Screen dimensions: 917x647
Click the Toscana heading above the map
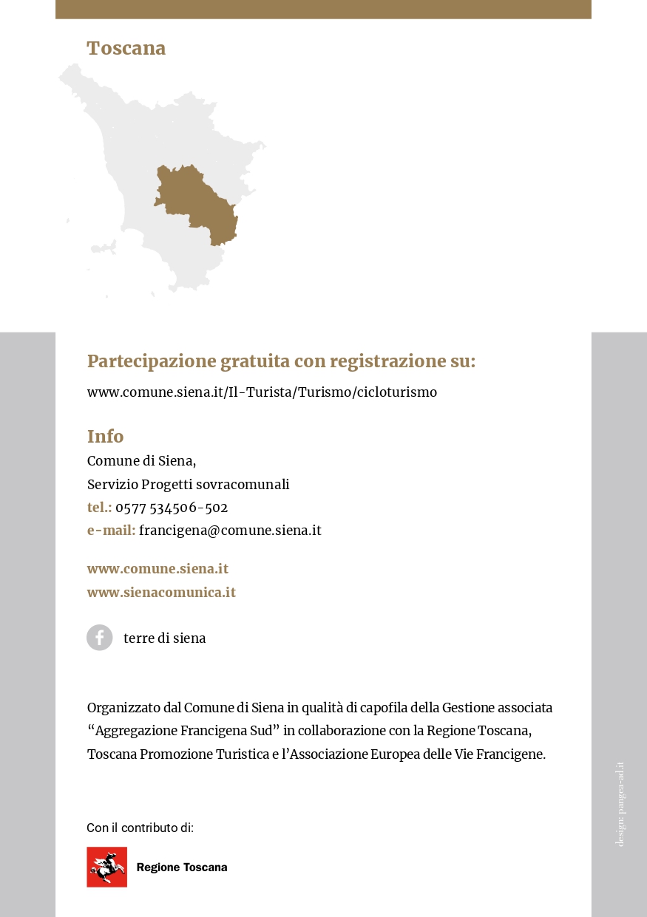(126, 49)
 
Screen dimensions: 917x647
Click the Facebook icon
(100, 638)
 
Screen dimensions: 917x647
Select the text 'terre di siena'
(164, 638)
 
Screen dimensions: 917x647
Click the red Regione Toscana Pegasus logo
(106, 867)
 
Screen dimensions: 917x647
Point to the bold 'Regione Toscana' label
(182, 867)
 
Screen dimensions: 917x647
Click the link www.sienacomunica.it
(161, 593)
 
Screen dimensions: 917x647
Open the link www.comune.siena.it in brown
(157, 569)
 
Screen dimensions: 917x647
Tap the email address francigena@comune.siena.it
(230, 531)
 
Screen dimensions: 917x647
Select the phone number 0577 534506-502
(172, 508)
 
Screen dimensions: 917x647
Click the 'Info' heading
(106, 436)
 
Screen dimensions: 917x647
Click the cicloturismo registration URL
(262, 392)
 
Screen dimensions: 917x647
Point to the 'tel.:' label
(100, 508)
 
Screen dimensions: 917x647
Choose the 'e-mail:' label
(111, 531)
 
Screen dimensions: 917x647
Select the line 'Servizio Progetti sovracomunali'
(188, 485)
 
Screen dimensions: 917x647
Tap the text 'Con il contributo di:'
(140, 828)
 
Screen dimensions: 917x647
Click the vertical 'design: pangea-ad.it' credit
(620, 805)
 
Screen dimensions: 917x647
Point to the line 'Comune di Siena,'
(141, 461)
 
